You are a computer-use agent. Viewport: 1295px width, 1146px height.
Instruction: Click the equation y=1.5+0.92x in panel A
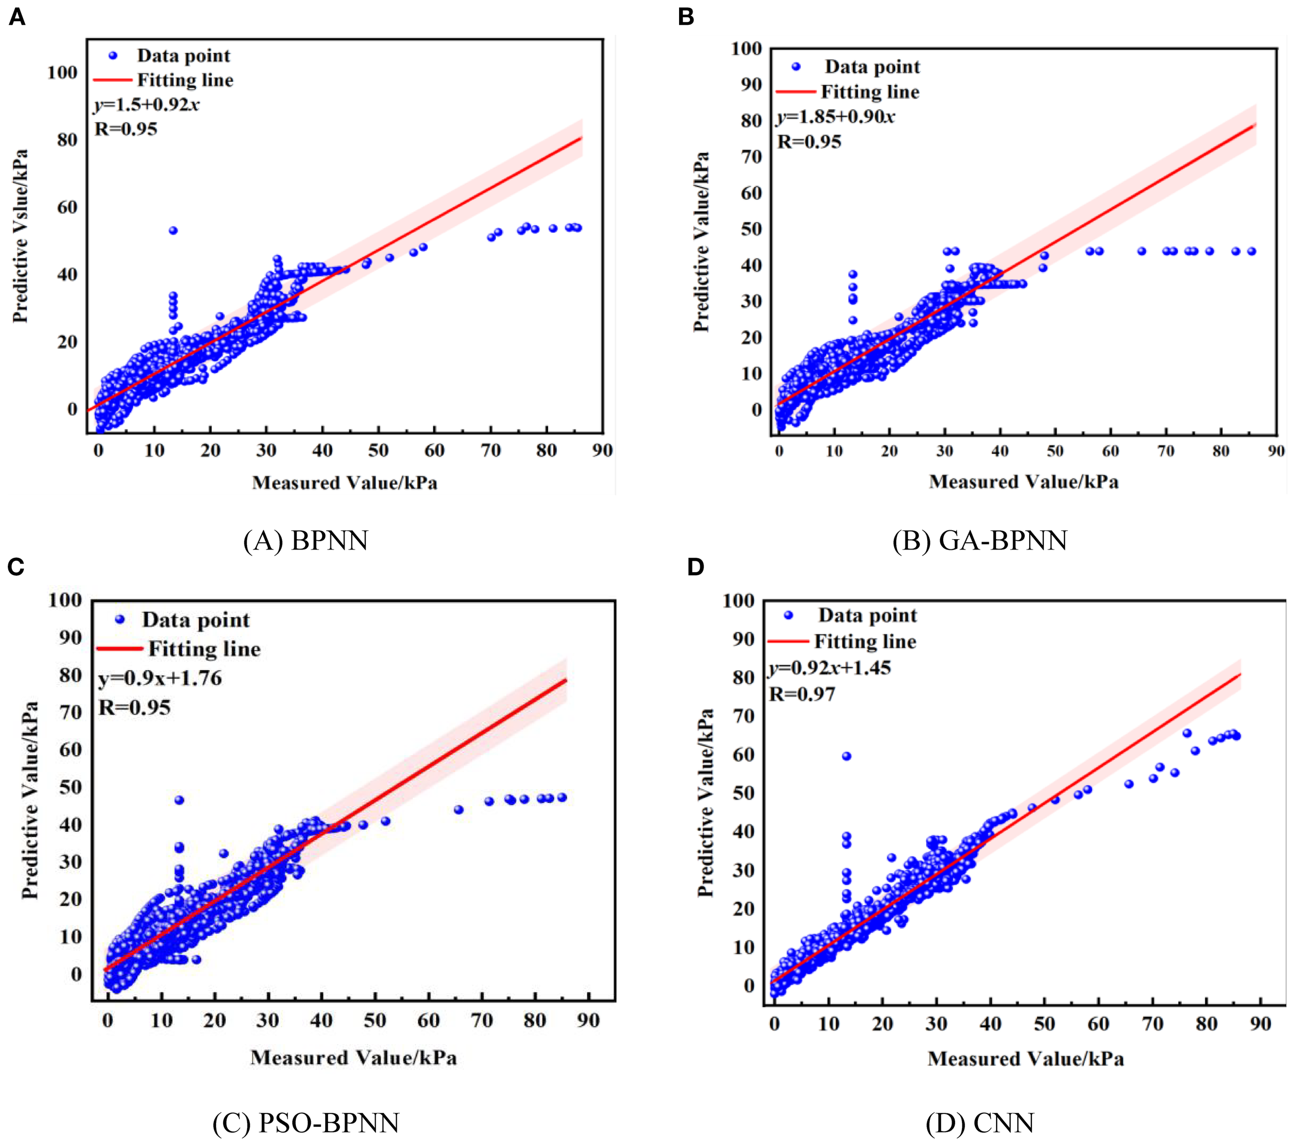pyautogui.click(x=147, y=105)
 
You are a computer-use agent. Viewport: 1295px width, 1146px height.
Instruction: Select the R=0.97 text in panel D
pyautogui.click(x=801, y=695)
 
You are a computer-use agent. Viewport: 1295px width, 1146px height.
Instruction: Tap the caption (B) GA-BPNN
pyautogui.click(x=980, y=540)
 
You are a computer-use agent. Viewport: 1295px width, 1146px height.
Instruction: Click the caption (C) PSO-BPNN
pyautogui.click(x=306, y=1123)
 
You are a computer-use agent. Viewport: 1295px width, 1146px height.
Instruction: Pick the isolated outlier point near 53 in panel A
pyautogui.click(x=173, y=230)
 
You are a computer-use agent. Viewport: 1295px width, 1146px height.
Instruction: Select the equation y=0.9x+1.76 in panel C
pyautogui.click(x=160, y=678)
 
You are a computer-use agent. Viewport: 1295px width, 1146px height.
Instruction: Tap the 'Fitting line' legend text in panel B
pyautogui.click(x=869, y=93)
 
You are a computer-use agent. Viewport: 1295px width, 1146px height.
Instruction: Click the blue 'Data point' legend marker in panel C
pyautogui.click(x=120, y=619)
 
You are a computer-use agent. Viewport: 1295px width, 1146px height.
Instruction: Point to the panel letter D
pyautogui.click(x=696, y=567)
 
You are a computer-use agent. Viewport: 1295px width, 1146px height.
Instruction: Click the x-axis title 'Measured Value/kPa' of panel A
pyautogui.click(x=344, y=483)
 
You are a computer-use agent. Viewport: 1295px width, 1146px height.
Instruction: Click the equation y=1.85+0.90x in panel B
pyautogui.click(x=835, y=117)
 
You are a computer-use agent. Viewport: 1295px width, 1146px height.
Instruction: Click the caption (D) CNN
pyautogui.click(x=980, y=1123)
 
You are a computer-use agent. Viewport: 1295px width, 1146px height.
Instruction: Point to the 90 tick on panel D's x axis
pyautogui.click(x=1260, y=1024)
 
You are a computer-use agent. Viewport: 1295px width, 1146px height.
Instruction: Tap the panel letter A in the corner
pyautogui.click(x=17, y=17)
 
